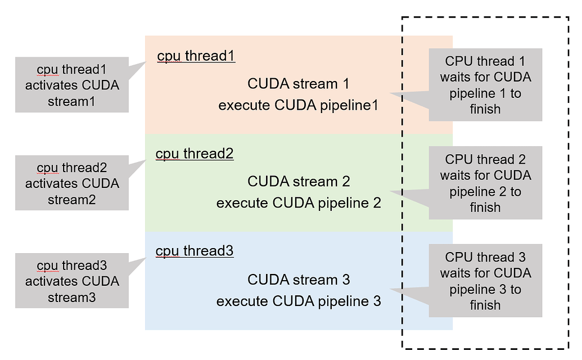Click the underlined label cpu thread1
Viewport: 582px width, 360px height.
click(x=196, y=56)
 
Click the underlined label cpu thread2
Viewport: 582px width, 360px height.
click(x=194, y=154)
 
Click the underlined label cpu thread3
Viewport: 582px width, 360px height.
click(x=194, y=251)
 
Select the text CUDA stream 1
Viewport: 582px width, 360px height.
click(x=298, y=84)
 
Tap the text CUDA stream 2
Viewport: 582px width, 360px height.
click(x=299, y=182)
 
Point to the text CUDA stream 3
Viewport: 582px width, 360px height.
click(x=299, y=280)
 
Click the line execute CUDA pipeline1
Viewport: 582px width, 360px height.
click(x=298, y=105)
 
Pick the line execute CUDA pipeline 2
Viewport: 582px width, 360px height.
click(x=299, y=203)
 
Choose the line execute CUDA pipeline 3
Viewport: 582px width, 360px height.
click(x=299, y=301)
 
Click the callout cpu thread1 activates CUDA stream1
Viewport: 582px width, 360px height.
click(x=72, y=85)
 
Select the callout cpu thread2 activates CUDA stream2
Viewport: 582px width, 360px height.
click(x=72, y=183)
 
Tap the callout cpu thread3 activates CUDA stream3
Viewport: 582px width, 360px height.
click(x=72, y=281)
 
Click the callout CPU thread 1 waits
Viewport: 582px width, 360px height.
click(x=485, y=85)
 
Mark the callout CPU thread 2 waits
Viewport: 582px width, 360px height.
click(x=485, y=183)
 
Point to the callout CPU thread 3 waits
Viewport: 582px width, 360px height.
click(x=485, y=281)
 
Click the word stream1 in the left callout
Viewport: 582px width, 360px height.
click(x=72, y=102)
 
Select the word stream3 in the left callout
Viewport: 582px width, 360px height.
click(x=72, y=298)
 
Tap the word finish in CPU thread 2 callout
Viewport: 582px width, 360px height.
click(x=485, y=208)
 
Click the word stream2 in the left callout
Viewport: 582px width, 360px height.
click(x=72, y=200)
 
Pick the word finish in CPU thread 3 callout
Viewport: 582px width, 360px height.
click(x=485, y=305)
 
